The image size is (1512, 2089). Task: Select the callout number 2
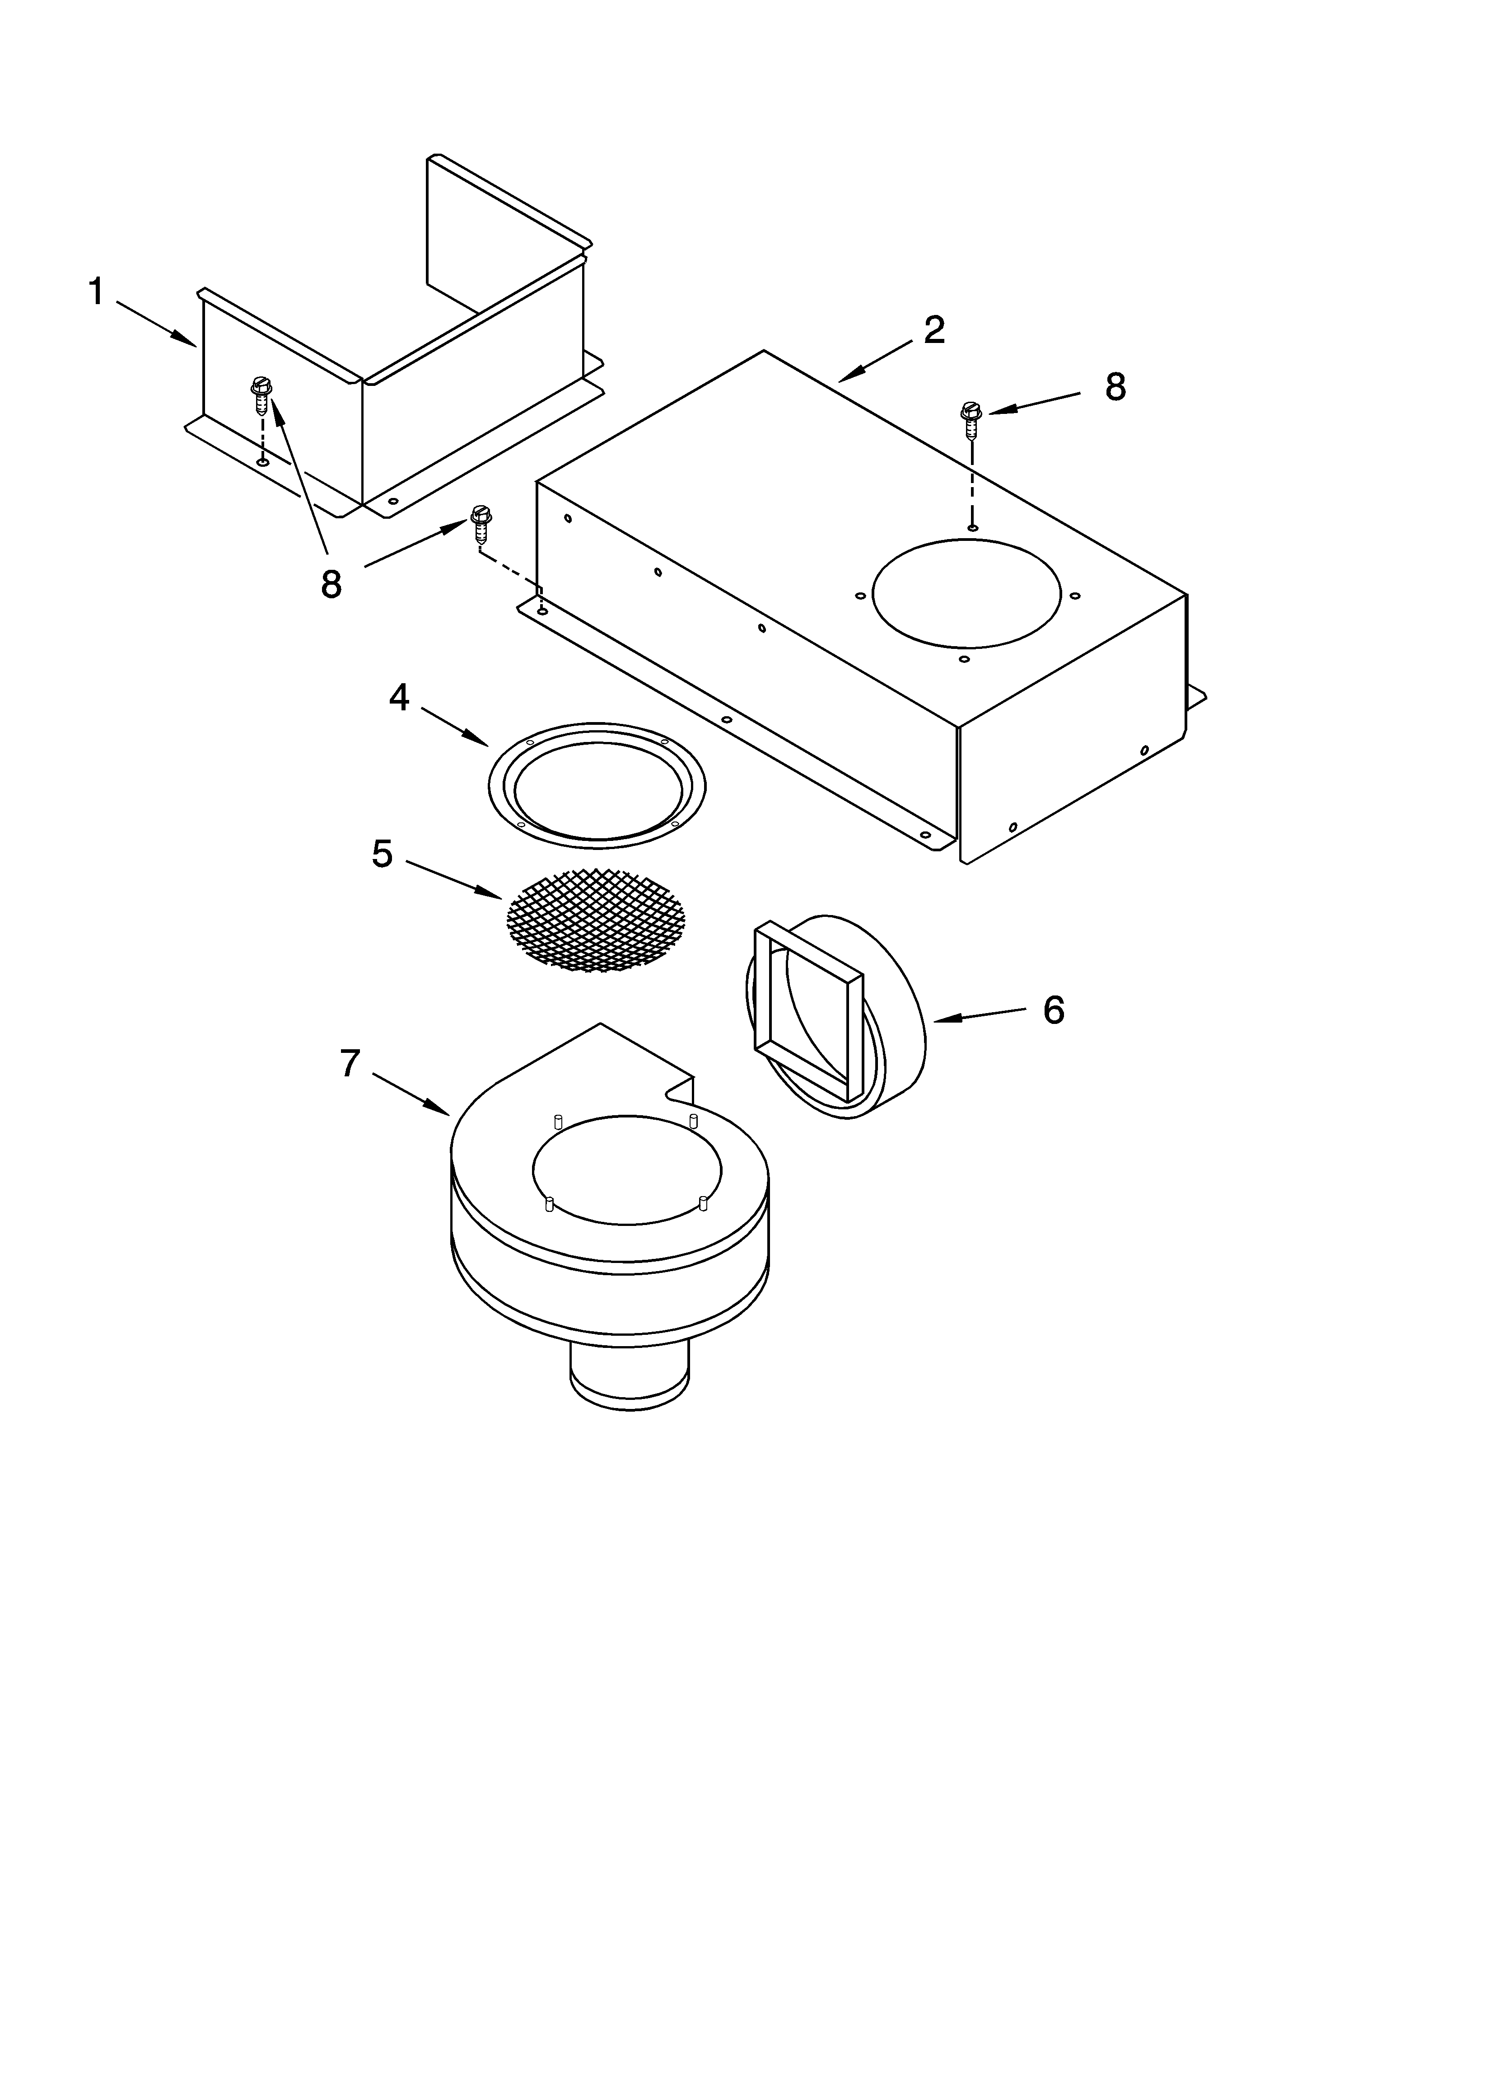click(934, 330)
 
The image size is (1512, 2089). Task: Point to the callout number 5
click(382, 854)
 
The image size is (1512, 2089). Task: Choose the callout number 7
click(349, 1064)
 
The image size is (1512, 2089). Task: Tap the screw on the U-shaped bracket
click(261, 396)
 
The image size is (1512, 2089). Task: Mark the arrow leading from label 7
click(410, 1094)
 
